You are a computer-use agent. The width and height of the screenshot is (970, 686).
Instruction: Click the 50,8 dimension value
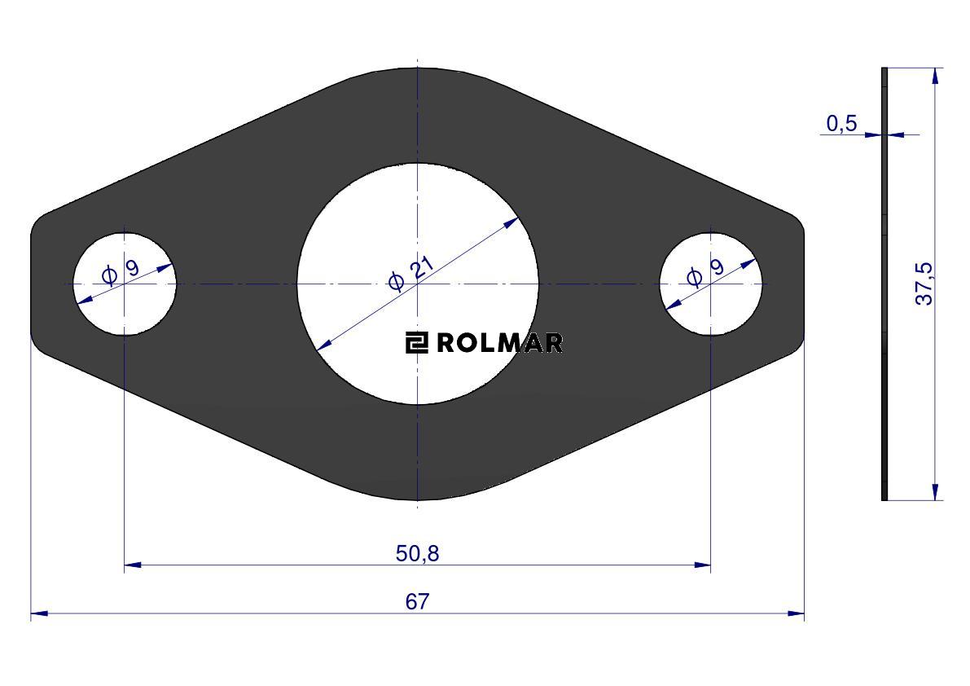(418, 553)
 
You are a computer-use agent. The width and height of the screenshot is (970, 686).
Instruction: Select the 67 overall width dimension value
(417, 601)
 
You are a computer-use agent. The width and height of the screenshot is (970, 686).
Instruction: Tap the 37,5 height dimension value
(924, 284)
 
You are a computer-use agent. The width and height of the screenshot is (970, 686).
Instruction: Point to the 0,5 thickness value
(842, 124)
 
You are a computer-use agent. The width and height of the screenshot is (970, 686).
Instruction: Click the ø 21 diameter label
(410, 272)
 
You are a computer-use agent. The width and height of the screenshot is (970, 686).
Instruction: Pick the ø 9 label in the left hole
(120, 271)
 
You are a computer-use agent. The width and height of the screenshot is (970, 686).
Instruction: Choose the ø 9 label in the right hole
(705, 272)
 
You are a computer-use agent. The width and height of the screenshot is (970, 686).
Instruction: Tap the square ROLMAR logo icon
(417, 343)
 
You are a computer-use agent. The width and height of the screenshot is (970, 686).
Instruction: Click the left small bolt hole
(125, 284)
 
